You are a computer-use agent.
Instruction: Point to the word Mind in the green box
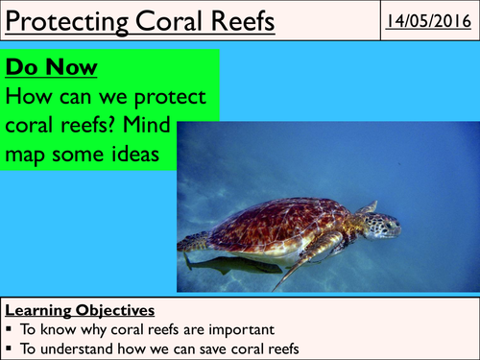click(x=175, y=125)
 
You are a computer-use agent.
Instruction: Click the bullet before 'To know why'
click(x=10, y=328)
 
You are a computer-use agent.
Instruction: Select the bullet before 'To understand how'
click(x=10, y=346)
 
